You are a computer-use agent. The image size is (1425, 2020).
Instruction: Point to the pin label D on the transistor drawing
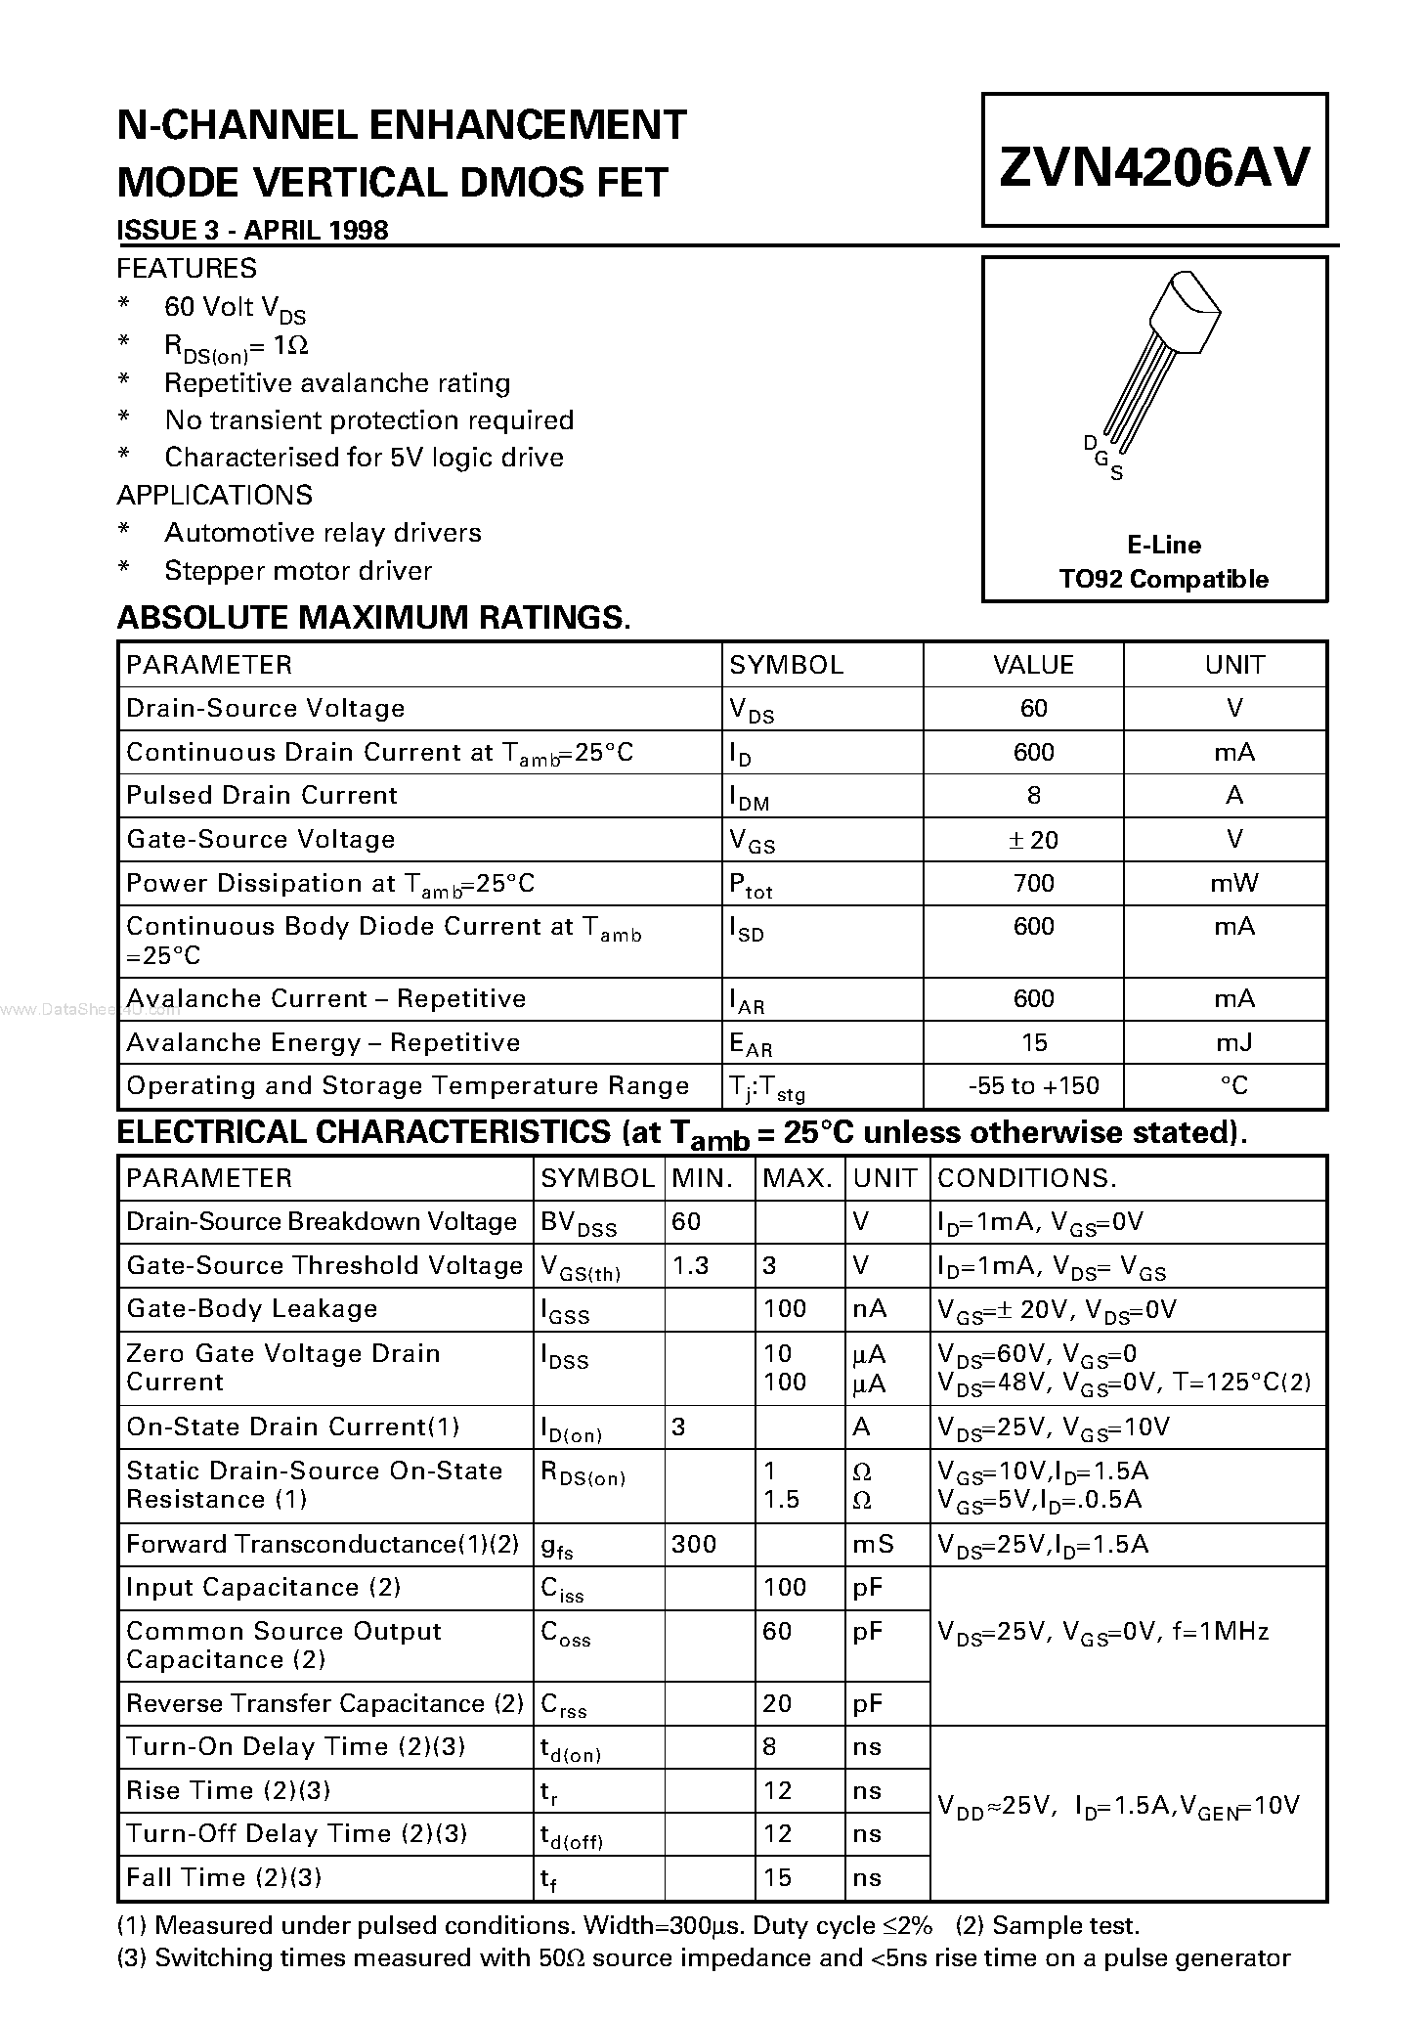(x=1091, y=443)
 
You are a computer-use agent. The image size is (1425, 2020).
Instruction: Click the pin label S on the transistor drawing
(x=1117, y=474)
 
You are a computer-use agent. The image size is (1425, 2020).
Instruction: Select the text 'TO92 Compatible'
(x=1163, y=579)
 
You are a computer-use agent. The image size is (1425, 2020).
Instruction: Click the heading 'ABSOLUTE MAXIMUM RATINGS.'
(x=373, y=617)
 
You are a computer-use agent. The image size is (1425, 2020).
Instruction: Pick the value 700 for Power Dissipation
(x=1033, y=883)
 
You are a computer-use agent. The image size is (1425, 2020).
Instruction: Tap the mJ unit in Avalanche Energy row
(x=1233, y=1042)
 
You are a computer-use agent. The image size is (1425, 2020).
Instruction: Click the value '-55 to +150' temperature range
(x=1033, y=1085)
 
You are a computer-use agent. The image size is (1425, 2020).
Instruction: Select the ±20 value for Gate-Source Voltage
(x=1033, y=840)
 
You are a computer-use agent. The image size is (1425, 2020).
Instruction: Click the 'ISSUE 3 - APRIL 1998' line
(x=252, y=230)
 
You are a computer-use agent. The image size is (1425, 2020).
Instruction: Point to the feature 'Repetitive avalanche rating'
(x=337, y=382)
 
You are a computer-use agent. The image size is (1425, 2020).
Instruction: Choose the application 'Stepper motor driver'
(x=298, y=570)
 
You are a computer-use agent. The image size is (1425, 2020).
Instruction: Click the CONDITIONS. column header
(x=1026, y=1177)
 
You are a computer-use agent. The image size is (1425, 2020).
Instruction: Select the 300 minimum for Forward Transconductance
(x=694, y=1544)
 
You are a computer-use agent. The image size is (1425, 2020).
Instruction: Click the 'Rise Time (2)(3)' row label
(x=229, y=1790)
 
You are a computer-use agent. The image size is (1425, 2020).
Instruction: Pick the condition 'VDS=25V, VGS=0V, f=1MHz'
(x=1102, y=1631)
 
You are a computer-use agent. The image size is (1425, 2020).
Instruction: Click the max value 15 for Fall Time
(x=777, y=1877)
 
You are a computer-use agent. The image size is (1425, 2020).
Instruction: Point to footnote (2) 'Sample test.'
(x=1048, y=1925)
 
